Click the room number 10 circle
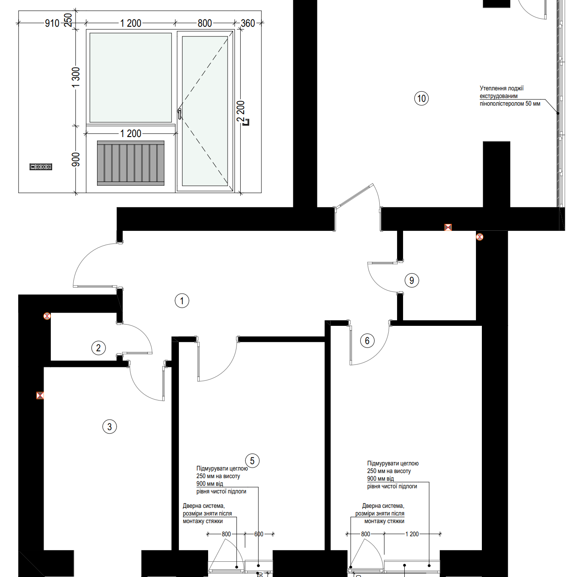point(421,98)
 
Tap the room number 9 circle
point(412,280)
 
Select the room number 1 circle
point(182,301)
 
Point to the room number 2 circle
point(98,347)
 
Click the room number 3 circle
point(109,426)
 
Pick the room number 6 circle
point(367,341)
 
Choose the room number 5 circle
point(252,461)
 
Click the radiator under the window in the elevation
point(131,163)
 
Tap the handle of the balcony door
point(179,114)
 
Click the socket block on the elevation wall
point(41,167)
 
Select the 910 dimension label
point(52,23)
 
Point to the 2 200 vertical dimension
point(241,111)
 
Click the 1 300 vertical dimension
point(76,77)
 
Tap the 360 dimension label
point(248,23)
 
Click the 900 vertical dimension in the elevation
point(76,160)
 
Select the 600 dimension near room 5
point(259,534)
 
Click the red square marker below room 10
point(448,227)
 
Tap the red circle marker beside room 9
point(479,237)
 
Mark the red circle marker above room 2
point(47,316)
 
